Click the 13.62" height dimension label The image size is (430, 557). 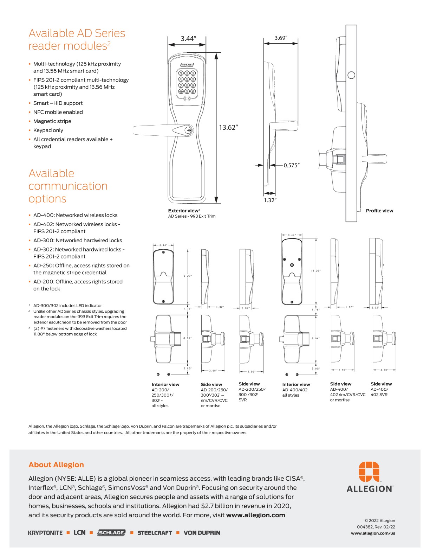pos(228,127)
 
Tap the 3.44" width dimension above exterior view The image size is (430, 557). pos(188,38)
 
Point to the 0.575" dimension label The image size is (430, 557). pos(292,165)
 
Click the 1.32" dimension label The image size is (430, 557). pos(270,200)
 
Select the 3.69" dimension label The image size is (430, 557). pos(281,38)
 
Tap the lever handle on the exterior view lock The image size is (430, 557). pos(155,130)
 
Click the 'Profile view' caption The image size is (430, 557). pos(379,211)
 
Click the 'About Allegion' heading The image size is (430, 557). pos(56,465)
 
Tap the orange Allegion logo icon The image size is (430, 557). pos(369,471)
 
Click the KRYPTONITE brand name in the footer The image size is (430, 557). pos(45,533)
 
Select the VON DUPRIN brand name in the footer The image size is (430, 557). pos(202,533)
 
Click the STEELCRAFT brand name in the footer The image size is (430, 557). pos(155,533)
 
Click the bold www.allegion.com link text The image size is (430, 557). pos(255,515)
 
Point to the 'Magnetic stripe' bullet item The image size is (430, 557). pos(52,121)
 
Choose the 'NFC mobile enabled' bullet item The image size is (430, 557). pos(58,112)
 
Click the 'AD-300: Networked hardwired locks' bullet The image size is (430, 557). pos(78,241)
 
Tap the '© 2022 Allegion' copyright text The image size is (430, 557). pos(379,521)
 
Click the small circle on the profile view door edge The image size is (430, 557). pos(351,75)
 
